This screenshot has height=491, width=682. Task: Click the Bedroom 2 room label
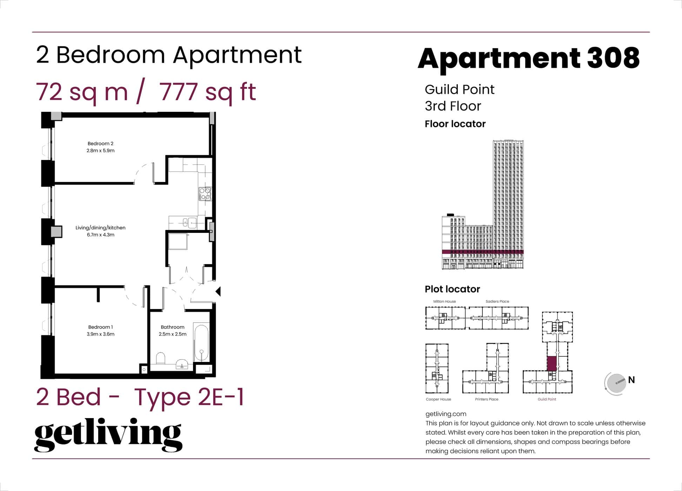point(100,143)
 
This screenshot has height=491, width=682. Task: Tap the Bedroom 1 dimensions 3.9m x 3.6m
point(100,334)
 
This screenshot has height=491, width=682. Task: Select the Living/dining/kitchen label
point(100,228)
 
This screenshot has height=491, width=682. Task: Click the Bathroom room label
point(172,327)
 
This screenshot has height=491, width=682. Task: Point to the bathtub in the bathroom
point(201,344)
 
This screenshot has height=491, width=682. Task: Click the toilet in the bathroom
point(161,358)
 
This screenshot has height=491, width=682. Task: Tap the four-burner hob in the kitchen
point(205,194)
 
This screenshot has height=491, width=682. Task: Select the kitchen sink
point(190,222)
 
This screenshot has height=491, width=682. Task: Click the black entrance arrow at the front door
point(218,291)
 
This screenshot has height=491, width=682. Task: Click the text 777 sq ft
point(208,92)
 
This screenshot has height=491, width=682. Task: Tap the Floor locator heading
point(455,124)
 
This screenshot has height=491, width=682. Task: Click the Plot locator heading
point(452,289)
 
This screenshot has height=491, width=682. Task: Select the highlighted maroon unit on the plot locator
point(551,363)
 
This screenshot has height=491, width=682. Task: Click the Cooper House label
point(438,399)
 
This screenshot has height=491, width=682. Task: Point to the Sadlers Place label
point(497,301)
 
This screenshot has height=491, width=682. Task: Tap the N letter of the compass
point(631,380)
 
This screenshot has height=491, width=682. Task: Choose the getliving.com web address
point(446,414)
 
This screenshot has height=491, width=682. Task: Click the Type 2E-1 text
point(189,397)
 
